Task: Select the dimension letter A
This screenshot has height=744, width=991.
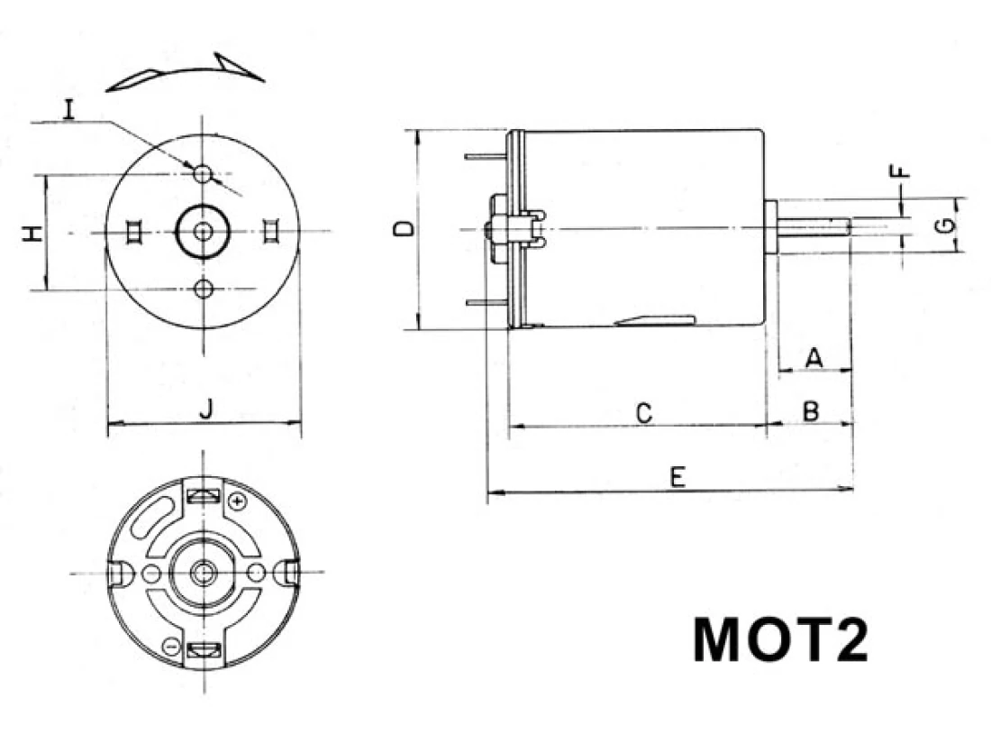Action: coord(814,357)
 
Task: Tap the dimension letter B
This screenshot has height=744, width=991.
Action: coord(811,411)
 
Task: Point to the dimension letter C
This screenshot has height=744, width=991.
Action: coord(643,414)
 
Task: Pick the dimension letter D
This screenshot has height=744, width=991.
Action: coord(404,229)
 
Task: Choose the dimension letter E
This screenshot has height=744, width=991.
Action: coord(677,477)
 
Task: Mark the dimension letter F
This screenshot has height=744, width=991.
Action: coord(899,170)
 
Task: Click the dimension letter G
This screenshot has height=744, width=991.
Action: coord(945,225)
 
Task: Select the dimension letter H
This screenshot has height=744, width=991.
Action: coord(32,233)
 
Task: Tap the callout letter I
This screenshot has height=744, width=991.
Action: coord(68,109)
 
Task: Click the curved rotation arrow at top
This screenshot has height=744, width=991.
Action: coord(185,71)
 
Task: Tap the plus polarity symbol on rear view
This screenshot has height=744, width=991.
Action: coord(237,501)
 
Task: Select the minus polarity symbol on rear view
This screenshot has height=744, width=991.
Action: coord(170,647)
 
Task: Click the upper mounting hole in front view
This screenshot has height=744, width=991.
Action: coord(203,173)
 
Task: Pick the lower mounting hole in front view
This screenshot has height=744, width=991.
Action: coord(203,289)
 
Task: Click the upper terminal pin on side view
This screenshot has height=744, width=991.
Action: coord(487,156)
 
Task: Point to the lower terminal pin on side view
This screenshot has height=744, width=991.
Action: coord(487,303)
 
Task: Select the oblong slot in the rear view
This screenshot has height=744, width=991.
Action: coord(153,516)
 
